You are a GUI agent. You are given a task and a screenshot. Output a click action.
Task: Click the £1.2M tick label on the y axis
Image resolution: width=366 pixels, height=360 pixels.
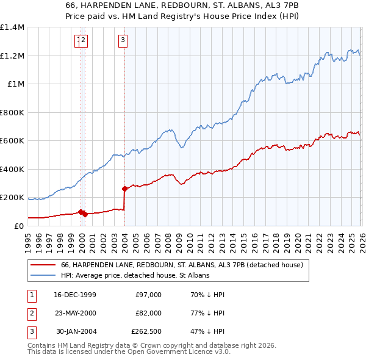[12, 56]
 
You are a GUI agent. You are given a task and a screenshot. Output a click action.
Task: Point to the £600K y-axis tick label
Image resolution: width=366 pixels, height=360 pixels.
[12, 141]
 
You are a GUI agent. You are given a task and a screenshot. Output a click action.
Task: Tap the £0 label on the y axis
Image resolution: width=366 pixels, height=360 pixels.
[18, 226]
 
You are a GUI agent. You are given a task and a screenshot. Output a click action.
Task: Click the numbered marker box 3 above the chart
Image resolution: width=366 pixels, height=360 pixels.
[123, 41]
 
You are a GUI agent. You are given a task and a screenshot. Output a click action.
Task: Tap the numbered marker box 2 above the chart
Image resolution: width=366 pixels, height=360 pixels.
[84, 41]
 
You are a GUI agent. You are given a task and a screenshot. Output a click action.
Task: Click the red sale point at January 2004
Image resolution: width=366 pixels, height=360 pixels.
[124, 189]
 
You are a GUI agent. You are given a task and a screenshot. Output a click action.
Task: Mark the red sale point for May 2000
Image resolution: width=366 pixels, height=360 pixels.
[85, 214]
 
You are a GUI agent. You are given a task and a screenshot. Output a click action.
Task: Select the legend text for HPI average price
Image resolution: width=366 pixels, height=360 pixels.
[135, 276]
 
